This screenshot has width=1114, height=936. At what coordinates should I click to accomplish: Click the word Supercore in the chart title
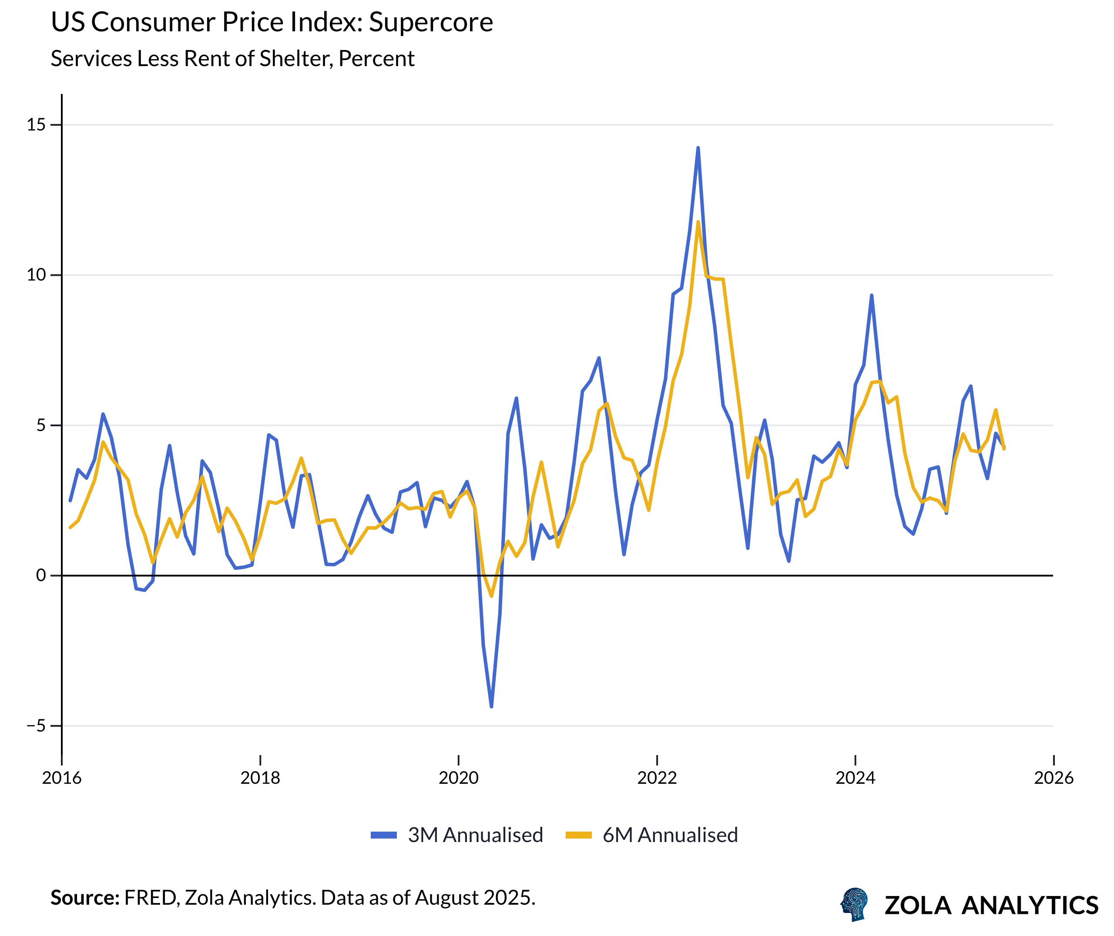click(x=430, y=22)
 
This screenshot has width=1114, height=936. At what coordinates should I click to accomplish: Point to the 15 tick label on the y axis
click(x=36, y=125)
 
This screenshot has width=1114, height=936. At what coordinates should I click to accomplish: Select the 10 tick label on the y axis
click(x=36, y=275)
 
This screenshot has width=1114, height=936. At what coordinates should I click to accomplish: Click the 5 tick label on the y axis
click(x=41, y=425)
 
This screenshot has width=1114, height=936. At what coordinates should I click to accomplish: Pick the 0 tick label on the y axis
click(x=41, y=575)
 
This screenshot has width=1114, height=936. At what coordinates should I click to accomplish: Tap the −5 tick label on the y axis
click(x=36, y=725)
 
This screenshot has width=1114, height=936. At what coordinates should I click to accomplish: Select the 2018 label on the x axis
click(x=260, y=778)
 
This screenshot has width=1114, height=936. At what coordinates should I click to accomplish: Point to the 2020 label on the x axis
click(x=459, y=778)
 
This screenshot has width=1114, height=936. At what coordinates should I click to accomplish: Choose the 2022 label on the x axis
click(x=657, y=778)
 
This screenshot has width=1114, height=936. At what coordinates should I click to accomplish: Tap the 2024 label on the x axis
click(x=856, y=778)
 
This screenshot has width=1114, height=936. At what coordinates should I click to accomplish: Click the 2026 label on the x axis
click(x=1054, y=778)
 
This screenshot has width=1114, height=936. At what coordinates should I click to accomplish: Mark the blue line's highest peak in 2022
click(x=698, y=148)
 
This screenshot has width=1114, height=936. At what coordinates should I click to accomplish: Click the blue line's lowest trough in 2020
click(x=491, y=707)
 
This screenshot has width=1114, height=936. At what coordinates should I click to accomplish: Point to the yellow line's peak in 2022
click(x=698, y=222)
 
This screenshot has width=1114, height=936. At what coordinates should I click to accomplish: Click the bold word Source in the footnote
click(x=85, y=898)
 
